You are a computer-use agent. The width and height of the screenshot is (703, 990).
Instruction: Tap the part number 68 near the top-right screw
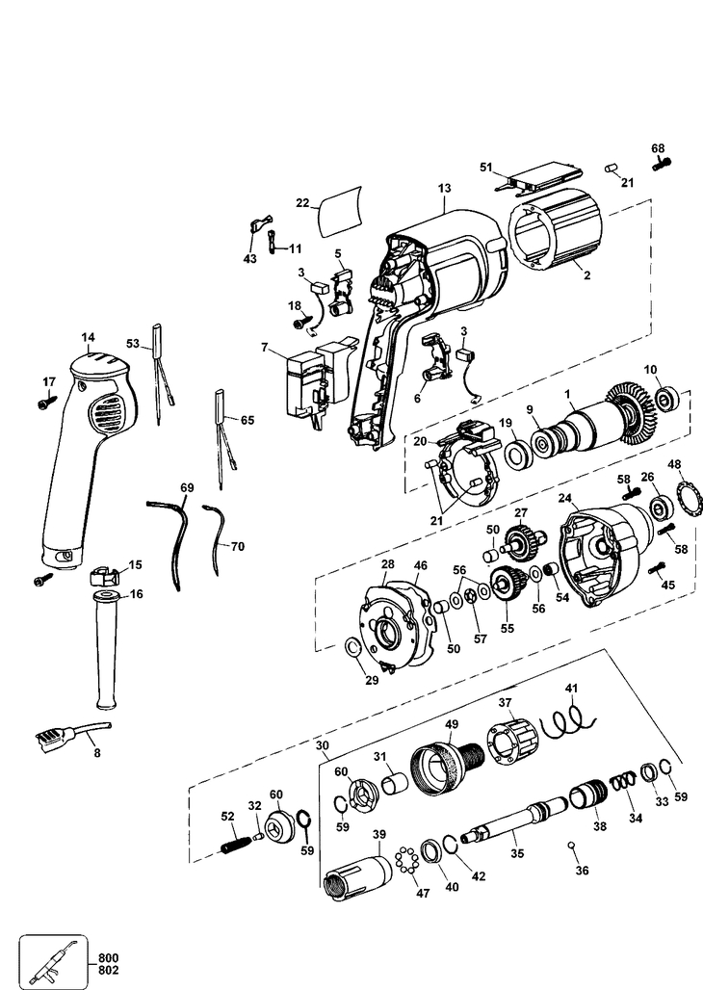point(658,149)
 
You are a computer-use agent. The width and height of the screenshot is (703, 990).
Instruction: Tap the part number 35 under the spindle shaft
point(517,852)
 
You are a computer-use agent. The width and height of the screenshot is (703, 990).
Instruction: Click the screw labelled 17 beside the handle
point(43,404)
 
